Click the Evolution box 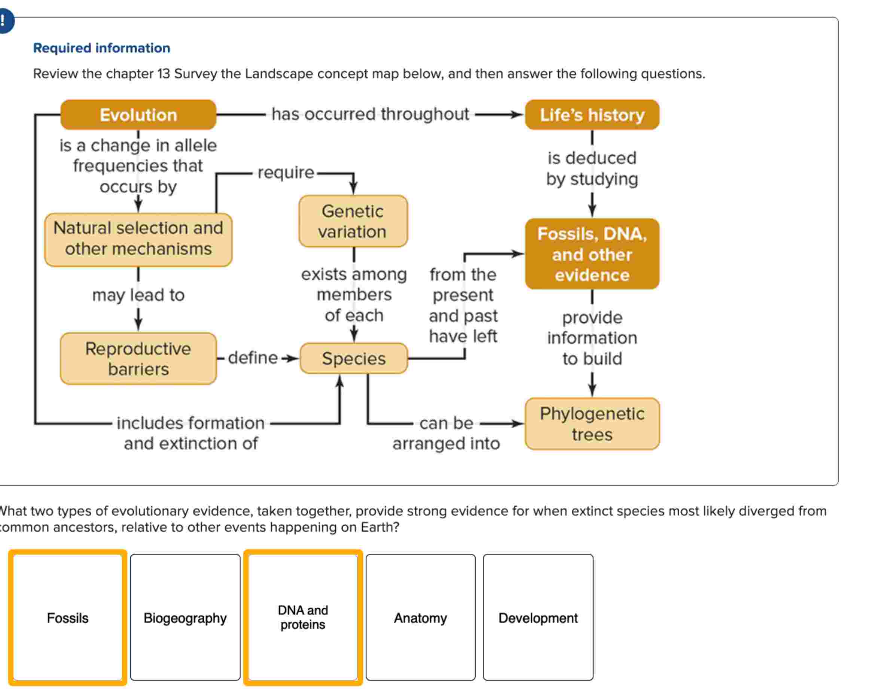tap(138, 115)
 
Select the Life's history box tap(592, 115)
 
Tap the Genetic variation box tap(353, 221)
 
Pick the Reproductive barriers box tap(138, 358)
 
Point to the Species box tap(354, 358)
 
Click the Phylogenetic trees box tap(592, 424)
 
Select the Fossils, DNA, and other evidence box tap(592, 254)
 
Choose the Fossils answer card tap(68, 618)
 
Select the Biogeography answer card tap(185, 618)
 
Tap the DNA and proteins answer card tap(303, 618)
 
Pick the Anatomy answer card tap(420, 618)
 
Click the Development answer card tap(538, 618)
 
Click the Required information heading tap(101, 48)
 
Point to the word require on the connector tap(286, 173)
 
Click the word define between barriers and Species tap(253, 358)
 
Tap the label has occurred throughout tap(370, 114)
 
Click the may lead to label tap(138, 295)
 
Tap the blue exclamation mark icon tap(4, 20)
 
